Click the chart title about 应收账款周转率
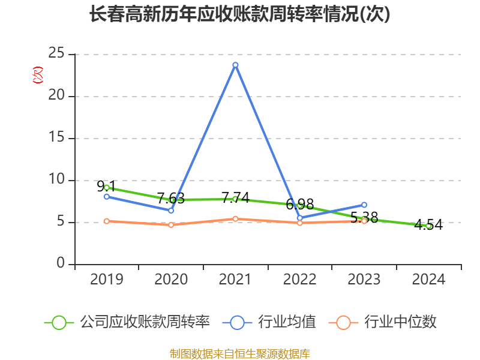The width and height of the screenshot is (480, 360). (x=239, y=14)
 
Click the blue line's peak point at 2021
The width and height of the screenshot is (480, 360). (x=235, y=65)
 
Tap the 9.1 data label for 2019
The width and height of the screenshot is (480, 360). (x=106, y=187)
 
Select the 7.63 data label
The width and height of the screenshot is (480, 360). (x=171, y=198)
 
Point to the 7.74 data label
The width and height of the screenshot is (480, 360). (x=235, y=197)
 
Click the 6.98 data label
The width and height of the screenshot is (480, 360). (x=300, y=204)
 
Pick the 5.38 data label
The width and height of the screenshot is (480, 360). (x=364, y=217)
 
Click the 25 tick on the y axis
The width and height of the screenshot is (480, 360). (x=56, y=53)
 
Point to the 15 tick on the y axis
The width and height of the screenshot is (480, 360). (x=56, y=138)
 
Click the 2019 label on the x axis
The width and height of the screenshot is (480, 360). (x=106, y=280)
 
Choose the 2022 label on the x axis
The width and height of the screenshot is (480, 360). (x=300, y=280)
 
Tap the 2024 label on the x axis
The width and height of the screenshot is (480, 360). (x=428, y=280)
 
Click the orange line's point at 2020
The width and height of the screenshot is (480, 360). (x=171, y=225)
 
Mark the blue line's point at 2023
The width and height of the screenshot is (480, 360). (x=364, y=205)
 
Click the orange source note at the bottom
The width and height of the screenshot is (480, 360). (x=239, y=353)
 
